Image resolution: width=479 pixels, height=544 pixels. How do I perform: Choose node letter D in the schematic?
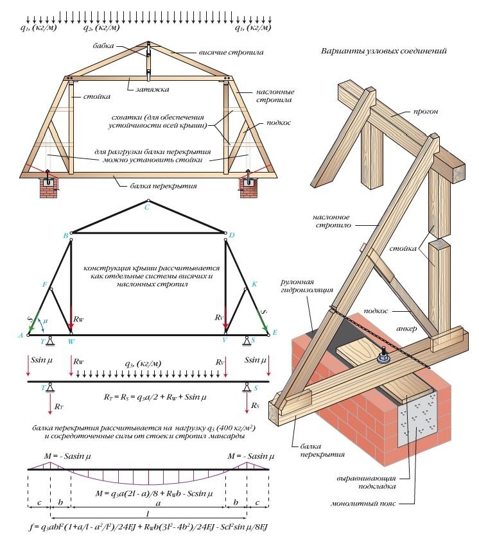pyautogui.click(x=231, y=236)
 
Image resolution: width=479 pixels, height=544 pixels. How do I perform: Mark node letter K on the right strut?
pyautogui.click(x=254, y=284)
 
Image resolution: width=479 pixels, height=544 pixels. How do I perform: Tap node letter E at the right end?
pyautogui.click(x=275, y=334)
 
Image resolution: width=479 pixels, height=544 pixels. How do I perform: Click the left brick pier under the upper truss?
pyautogui.click(x=49, y=187)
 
